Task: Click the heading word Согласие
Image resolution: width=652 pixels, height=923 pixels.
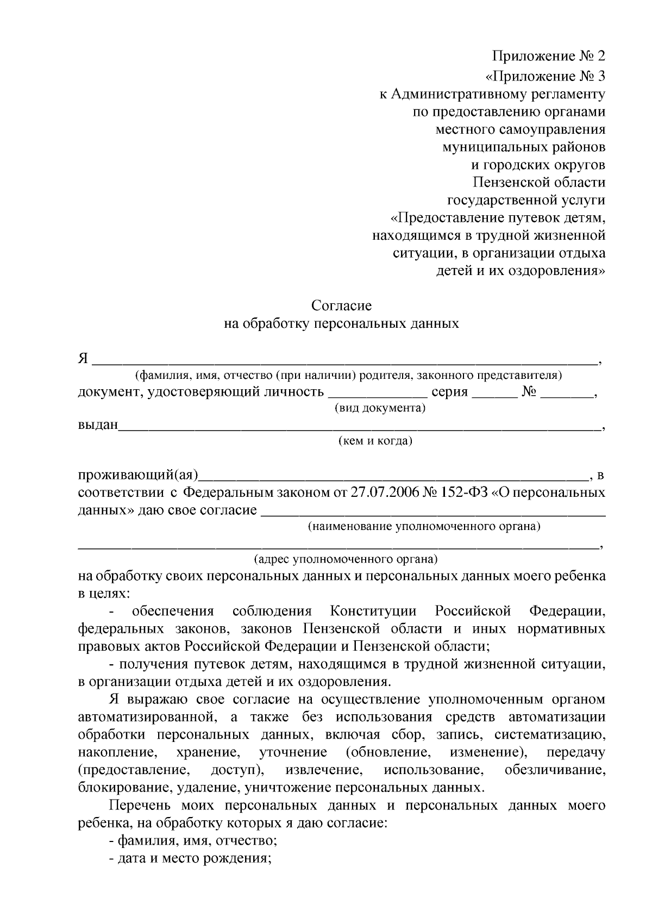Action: [341, 305]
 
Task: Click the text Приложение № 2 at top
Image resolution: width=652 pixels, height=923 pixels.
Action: [548, 56]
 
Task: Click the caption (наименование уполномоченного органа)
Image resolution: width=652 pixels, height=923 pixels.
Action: [424, 526]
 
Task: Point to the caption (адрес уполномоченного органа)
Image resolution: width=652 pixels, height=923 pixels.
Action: [346, 559]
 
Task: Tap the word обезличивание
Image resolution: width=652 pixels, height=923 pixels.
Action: [555, 770]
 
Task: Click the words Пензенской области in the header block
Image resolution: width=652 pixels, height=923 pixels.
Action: [538, 183]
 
